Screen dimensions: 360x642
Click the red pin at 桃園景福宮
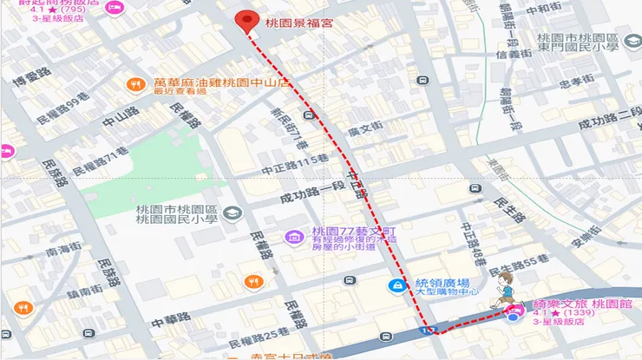coord(249,22)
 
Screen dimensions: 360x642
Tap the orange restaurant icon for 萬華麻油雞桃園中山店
coord(134,84)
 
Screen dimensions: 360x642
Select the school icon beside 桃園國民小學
coord(234,212)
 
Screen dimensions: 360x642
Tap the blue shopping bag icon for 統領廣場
coord(397,285)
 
